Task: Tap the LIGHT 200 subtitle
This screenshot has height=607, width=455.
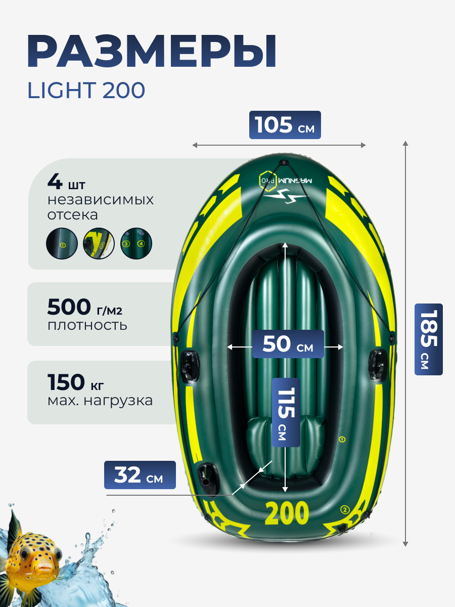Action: pos(86,91)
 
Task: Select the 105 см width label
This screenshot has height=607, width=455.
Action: pos(285,125)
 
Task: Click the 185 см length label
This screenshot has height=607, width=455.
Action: pos(428,339)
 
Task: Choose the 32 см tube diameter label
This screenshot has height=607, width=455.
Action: pos(140,475)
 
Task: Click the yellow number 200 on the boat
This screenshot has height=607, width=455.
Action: pos(287,513)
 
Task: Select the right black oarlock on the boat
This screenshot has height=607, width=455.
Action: pos(379,363)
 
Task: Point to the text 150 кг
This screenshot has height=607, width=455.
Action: pos(76,382)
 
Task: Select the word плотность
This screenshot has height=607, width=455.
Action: pos(87,325)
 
